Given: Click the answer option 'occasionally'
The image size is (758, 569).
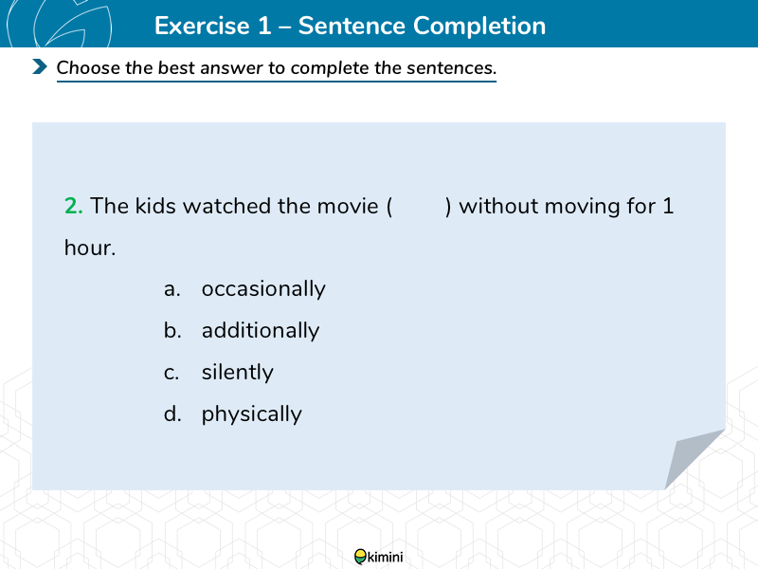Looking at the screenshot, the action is click(x=263, y=289).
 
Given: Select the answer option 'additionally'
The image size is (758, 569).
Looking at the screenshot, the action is click(x=261, y=330).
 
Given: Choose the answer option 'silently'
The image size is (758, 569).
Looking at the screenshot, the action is click(x=238, y=373).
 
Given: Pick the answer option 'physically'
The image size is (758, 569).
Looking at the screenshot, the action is click(x=251, y=414).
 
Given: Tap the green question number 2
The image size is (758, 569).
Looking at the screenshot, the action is click(x=74, y=206).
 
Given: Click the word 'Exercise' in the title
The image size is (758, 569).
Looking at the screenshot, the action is click(x=202, y=26).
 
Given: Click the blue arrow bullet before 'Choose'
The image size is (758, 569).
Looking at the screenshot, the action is click(x=40, y=66).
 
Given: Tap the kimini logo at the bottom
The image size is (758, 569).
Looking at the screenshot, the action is click(x=378, y=557).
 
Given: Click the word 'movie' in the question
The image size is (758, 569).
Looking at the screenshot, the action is click(x=347, y=206).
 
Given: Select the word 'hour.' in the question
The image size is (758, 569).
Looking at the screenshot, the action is click(x=90, y=248).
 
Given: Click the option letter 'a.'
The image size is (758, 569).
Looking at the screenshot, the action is click(x=172, y=290).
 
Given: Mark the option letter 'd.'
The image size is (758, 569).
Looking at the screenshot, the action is click(x=172, y=414).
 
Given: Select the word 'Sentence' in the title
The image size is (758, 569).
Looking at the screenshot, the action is click(x=352, y=26).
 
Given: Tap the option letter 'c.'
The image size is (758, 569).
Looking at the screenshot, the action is click(x=171, y=373).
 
